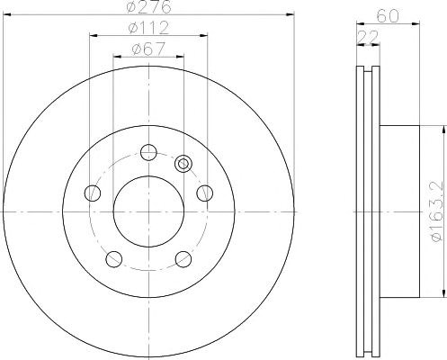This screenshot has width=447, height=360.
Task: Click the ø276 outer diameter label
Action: pos(149,6)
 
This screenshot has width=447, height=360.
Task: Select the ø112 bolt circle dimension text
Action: pos(148,28)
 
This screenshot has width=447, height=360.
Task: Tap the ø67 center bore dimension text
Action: pos(148,49)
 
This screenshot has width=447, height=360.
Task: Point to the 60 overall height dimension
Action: pos(389,15)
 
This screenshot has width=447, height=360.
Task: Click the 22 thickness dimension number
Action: pos(368,37)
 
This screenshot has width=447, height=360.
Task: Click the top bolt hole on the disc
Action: pos(148,152)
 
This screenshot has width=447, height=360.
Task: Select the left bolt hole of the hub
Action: pos(93,193)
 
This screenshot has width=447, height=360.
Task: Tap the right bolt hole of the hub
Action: pos(205,193)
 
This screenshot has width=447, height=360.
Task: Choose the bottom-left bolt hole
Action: pos(114,259)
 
